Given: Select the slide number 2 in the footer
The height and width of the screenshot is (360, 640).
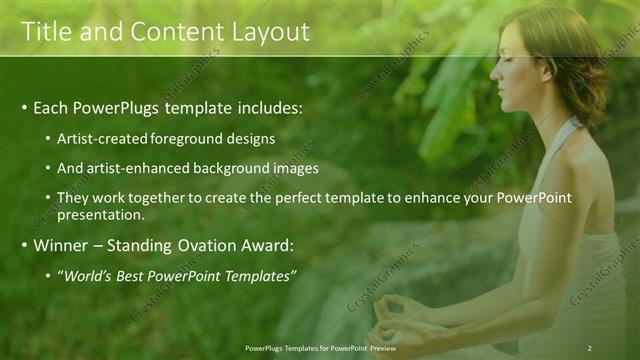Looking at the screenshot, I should coord(589,348).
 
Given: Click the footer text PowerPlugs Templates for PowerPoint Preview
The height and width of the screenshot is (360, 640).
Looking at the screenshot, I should coord(320,348).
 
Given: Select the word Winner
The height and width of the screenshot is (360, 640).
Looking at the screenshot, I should coord(61,245).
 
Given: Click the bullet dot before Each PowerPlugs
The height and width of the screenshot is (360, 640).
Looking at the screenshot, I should coord(24,107).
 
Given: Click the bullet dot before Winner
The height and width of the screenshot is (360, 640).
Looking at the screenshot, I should coord(24,246).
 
